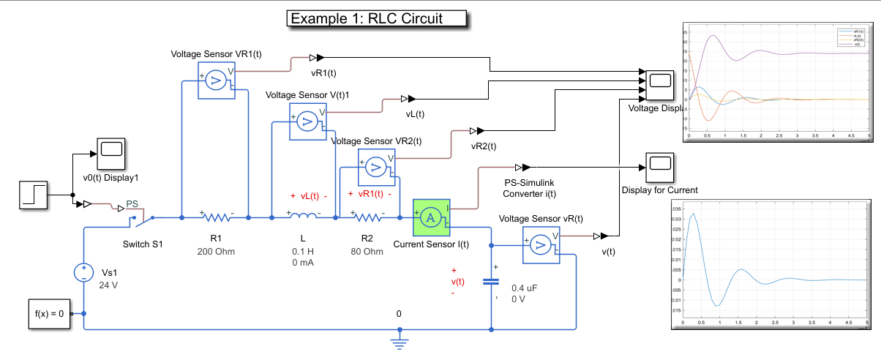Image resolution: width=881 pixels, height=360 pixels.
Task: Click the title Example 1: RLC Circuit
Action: pos(376,18)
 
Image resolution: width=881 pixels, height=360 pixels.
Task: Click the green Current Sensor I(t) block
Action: pos(432,217)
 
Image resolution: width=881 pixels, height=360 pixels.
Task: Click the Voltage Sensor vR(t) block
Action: pos(541,244)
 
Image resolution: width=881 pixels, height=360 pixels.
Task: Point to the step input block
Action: pos(34,195)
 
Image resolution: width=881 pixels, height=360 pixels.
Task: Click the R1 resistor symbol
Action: pos(217,217)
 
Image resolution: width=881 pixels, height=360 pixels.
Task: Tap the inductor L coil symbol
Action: pos(303,217)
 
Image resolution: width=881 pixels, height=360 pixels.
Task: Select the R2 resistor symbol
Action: pos(367,217)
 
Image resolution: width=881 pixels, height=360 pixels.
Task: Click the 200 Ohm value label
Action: pos(216,252)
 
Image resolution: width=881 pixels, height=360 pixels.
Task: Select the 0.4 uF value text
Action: pos(525,288)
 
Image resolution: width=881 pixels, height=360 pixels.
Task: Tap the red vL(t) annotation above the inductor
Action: pos(309,196)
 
